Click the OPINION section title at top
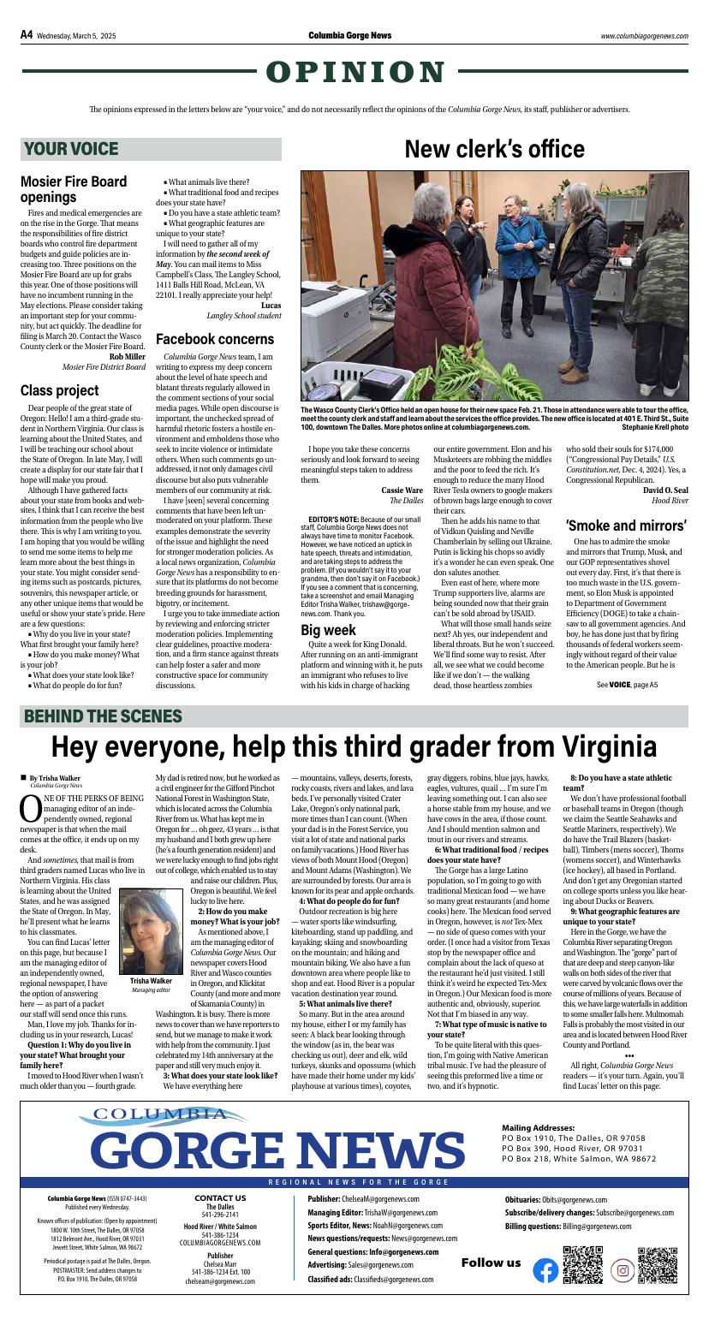[x=354, y=73]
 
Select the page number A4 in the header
[x=27, y=35]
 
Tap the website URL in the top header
[x=644, y=36]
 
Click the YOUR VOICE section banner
[x=72, y=149]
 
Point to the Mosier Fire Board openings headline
[x=74, y=189]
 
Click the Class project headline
[x=60, y=390]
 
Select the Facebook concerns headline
[x=214, y=339]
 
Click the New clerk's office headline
[x=494, y=149]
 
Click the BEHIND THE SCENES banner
[x=103, y=716]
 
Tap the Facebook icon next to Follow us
[x=545, y=1270]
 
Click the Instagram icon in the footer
[x=623, y=1270]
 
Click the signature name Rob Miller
[x=127, y=356]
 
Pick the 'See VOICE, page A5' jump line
[x=627, y=685]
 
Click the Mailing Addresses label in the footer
[x=538, y=1128]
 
